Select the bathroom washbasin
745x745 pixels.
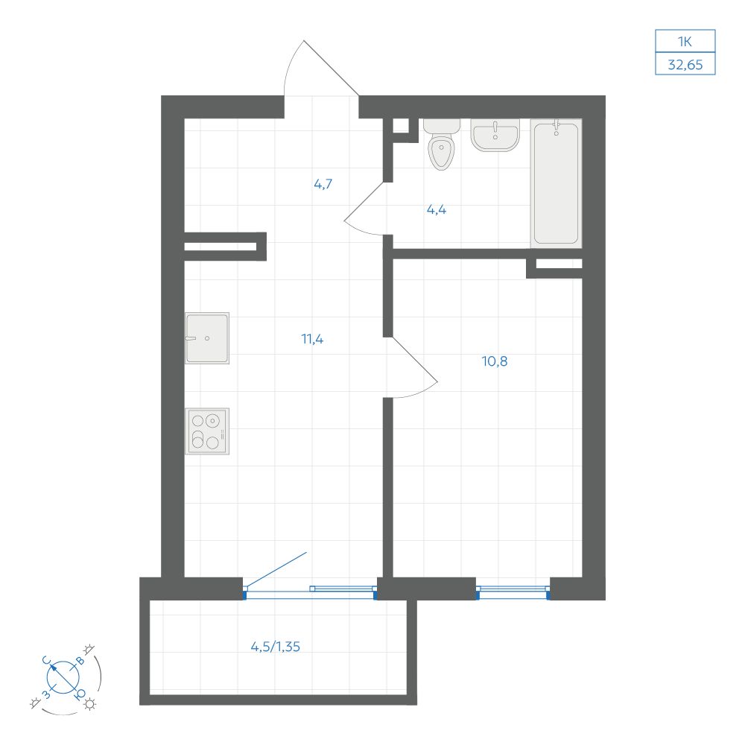pos(495,135)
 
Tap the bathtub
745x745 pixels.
pos(556,183)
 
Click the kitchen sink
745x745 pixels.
pos(207,338)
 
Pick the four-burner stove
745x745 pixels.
pos(207,431)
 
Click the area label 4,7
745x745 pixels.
pos(323,184)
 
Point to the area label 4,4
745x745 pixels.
pos(436,209)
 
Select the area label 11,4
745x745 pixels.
pos(312,339)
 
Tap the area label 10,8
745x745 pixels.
pos(495,361)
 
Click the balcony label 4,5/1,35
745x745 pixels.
pos(276,647)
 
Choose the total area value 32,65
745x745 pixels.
pos(685,65)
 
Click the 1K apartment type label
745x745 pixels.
pos(685,42)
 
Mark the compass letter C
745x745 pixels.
pos(46,660)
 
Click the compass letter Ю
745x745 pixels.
pos(80,694)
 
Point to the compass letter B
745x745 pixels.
pos(80,660)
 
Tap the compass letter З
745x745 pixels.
pos(46,694)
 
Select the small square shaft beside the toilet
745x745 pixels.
pos(401,125)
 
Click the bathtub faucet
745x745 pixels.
pos(557,128)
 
